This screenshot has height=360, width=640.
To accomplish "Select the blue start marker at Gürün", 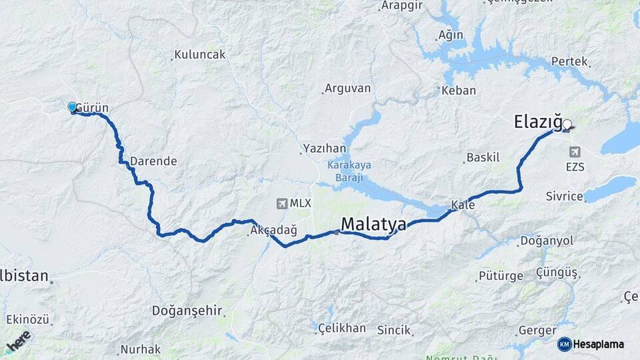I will (72, 107).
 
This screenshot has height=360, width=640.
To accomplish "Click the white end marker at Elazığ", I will (567, 124).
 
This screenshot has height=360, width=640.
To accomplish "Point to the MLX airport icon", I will (283, 203).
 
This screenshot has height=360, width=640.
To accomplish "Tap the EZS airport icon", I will (574, 152).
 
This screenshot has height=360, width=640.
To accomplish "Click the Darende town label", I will (153, 161).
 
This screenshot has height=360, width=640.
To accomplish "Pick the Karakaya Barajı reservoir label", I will (349, 171).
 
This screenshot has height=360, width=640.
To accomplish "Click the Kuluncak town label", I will (200, 55).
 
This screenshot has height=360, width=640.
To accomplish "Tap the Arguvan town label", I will (347, 88).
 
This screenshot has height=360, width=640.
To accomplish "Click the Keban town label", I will (459, 91).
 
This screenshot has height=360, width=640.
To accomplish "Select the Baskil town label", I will (483, 157).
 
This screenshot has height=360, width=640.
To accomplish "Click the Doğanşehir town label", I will (187, 310).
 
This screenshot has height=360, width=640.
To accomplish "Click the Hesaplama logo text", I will (598, 344).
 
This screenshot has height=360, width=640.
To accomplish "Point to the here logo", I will (19, 340).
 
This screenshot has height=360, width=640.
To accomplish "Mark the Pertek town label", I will (569, 61).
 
